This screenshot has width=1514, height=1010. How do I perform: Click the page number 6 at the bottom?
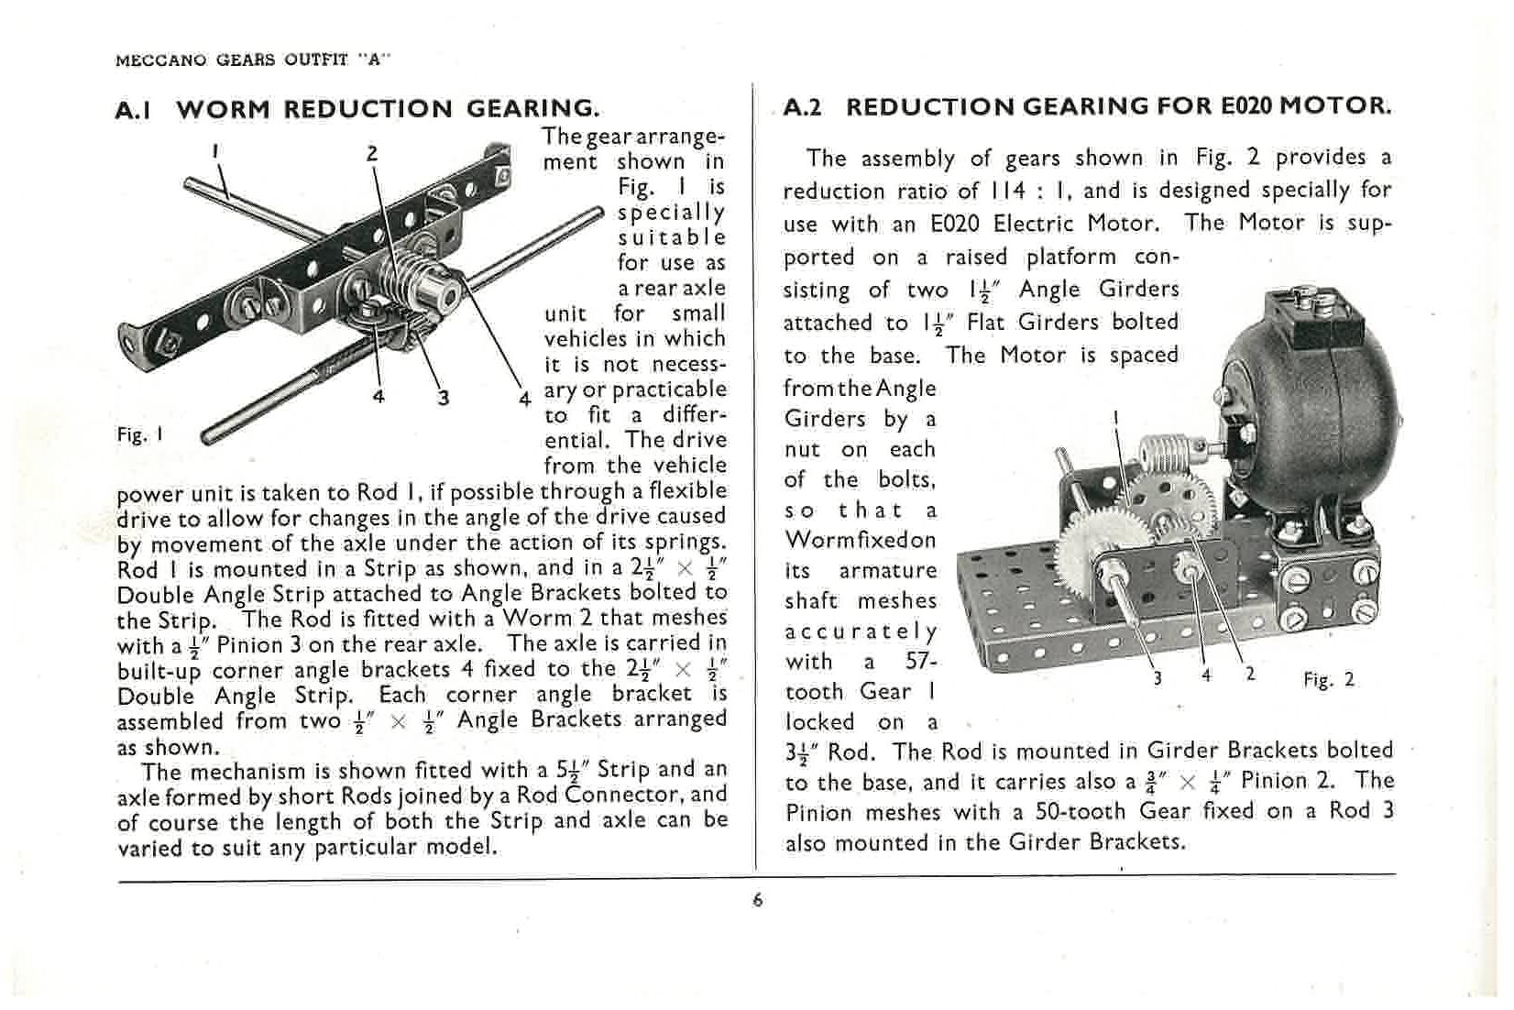tap(757, 900)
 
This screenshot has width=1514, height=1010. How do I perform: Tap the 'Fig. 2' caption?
tap(1328, 679)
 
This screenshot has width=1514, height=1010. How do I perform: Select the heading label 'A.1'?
tap(136, 109)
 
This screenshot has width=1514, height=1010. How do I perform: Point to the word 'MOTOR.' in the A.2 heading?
tap(1335, 105)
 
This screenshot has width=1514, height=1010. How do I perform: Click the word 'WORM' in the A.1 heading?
tap(224, 109)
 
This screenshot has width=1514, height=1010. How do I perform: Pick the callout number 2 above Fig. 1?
tap(372, 153)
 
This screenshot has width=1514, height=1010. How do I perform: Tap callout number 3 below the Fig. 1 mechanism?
tap(444, 397)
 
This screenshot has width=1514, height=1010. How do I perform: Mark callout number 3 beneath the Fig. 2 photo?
tap(1157, 677)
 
